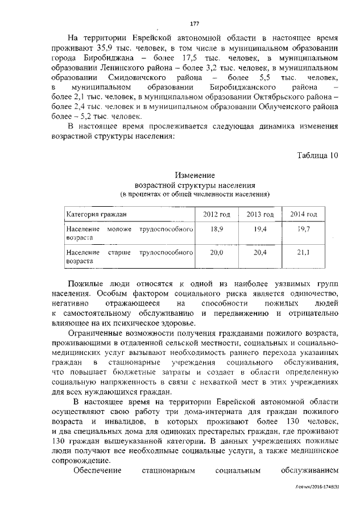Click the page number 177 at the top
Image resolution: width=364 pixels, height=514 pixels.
(194, 23)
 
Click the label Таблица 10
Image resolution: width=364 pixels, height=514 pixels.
(317, 156)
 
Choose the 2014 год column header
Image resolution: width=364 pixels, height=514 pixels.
(304, 214)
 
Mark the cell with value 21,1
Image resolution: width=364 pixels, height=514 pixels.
(304, 252)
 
